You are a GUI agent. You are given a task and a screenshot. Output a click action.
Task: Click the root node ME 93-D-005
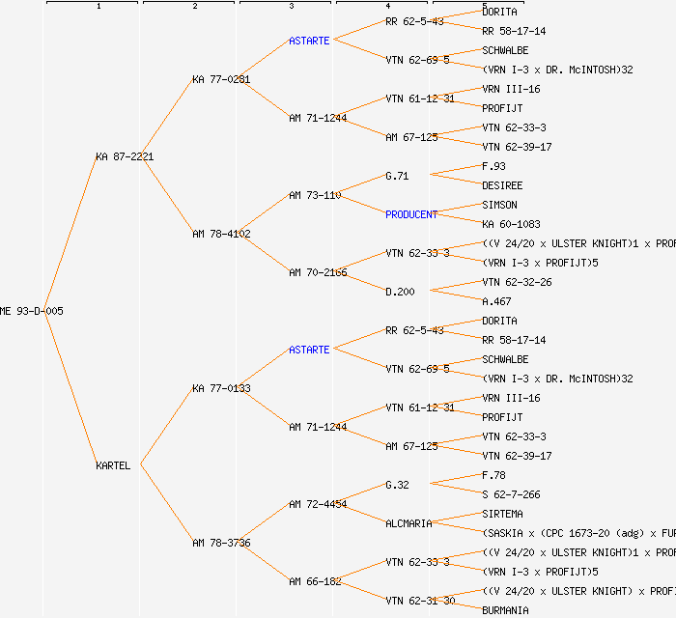(32, 311)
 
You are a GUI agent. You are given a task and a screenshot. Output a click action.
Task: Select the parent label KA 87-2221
(125, 156)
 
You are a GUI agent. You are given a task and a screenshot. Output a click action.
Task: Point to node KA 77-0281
(221, 79)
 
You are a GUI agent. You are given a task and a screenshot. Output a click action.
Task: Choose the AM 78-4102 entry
(221, 234)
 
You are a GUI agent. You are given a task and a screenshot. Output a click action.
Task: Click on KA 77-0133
(221, 388)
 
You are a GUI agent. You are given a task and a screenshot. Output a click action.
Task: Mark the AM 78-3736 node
(221, 543)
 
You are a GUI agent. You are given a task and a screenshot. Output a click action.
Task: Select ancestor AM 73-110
(315, 195)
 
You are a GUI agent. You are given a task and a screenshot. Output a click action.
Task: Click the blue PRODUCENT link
(411, 214)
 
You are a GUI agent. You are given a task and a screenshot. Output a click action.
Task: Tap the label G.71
(397, 176)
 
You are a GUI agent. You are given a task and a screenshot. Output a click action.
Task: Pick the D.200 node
(400, 292)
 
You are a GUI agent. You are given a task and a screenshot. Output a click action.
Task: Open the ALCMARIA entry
(408, 523)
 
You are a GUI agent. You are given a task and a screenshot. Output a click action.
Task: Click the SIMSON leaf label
(499, 205)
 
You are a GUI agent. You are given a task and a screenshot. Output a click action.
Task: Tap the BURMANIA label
(505, 610)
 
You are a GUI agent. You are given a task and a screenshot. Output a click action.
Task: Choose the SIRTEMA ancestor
(502, 514)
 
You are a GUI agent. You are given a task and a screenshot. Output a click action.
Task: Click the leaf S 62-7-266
(511, 494)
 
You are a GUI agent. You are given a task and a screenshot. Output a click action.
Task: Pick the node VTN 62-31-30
(420, 601)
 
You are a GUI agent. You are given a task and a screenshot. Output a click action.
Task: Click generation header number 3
(291, 7)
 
